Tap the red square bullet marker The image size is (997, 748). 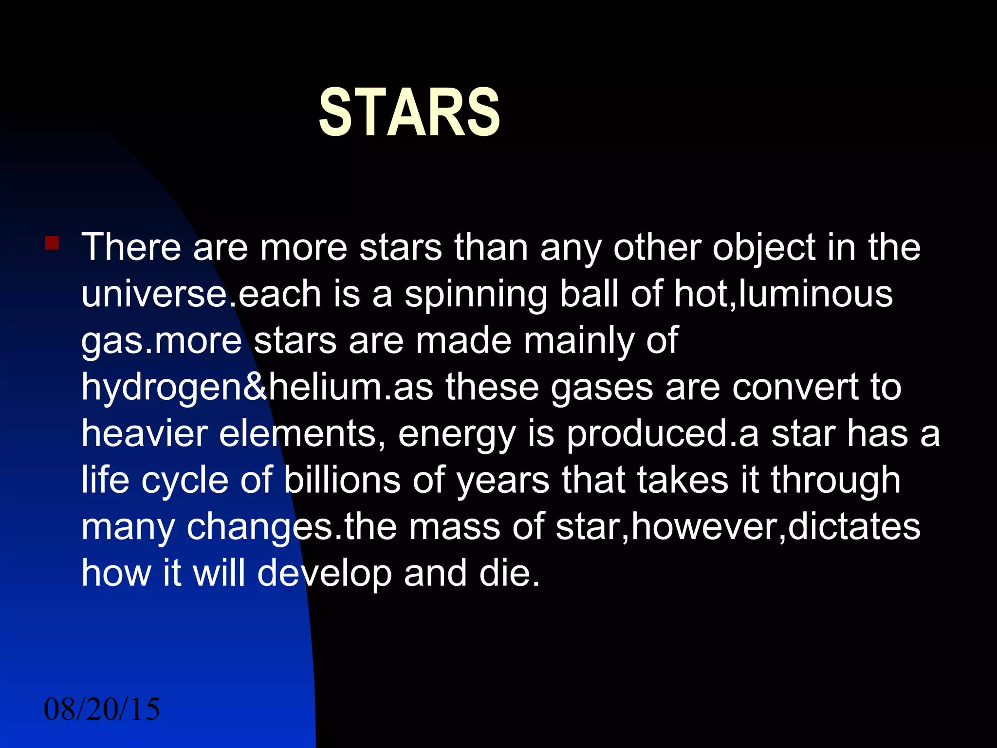tap(52, 243)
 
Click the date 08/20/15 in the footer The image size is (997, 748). tap(102, 709)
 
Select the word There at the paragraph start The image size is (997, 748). tap(131, 247)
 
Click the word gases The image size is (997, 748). tap(602, 389)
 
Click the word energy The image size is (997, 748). tap(457, 435)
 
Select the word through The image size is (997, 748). tap(835, 481)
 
